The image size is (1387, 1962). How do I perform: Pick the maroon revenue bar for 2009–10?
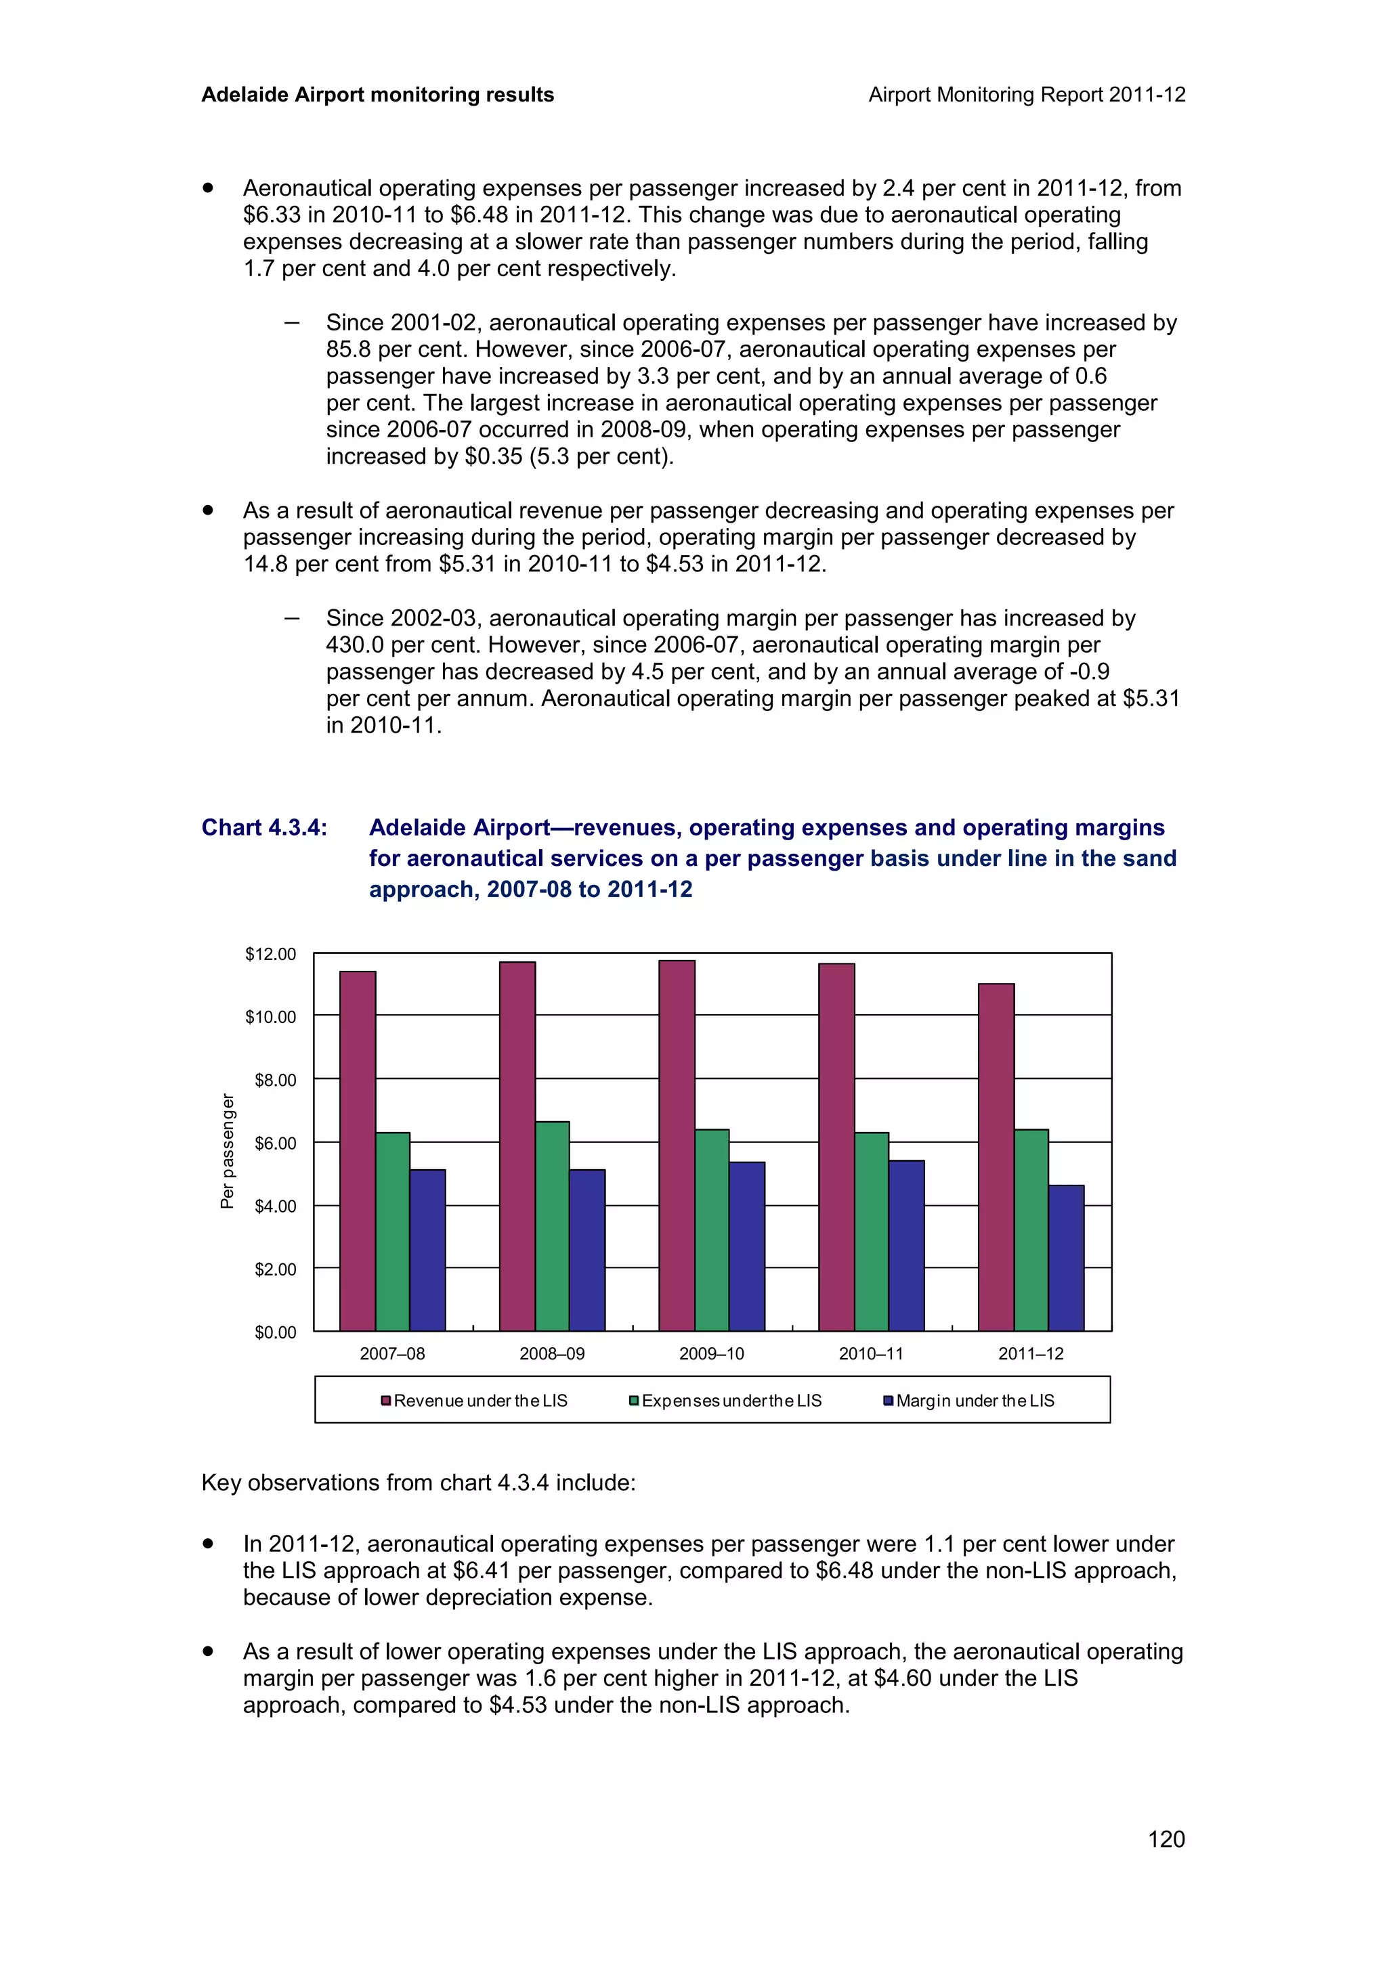[x=677, y=1145]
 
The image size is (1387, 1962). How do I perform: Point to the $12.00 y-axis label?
[x=270, y=954]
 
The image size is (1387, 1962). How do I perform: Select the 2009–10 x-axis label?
[x=711, y=1353]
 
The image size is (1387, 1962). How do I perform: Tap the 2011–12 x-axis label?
[x=1031, y=1353]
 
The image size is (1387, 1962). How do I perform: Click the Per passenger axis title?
[x=228, y=1151]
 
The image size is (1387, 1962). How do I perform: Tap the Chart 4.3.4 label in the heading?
[x=264, y=827]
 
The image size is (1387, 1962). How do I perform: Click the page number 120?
[x=1166, y=1839]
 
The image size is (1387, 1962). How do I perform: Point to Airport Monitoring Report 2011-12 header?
[x=1026, y=95]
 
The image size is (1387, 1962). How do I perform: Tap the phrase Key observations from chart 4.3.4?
[x=418, y=1483]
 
